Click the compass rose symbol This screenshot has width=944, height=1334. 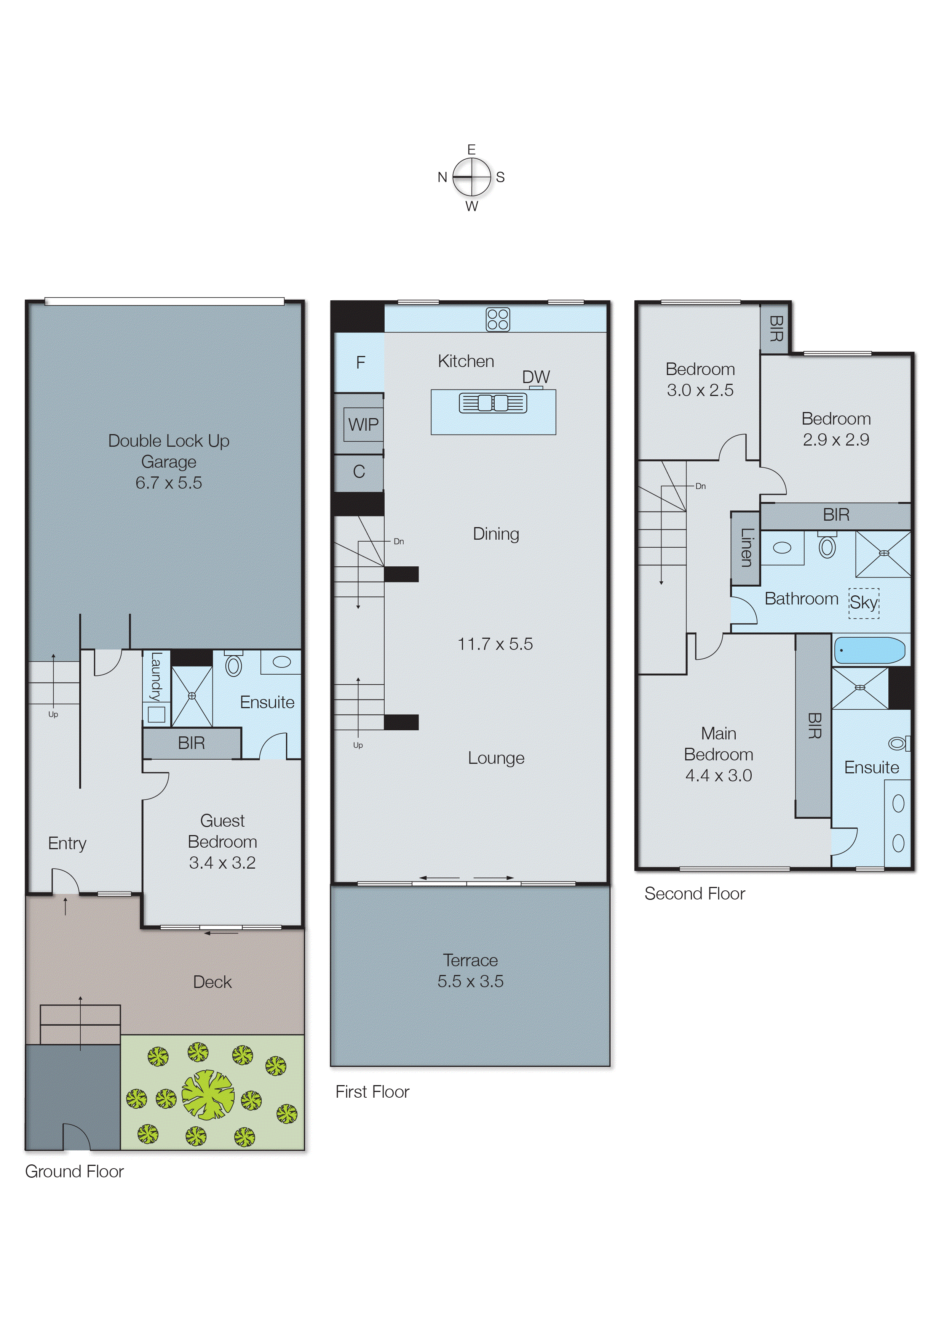(471, 177)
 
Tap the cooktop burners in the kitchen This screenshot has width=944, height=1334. (498, 319)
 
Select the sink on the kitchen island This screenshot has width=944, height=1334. (493, 402)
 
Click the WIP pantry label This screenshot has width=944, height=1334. (363, 425)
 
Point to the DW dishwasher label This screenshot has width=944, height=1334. (535, 377)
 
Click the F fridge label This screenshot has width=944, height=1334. (360, 362)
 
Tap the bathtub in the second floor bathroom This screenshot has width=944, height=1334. (870, 650)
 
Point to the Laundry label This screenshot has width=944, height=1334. (156, 677)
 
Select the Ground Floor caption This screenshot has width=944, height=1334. (74, 1171)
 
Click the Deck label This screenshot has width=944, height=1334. (212, 982)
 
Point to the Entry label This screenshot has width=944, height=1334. (67, 843)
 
